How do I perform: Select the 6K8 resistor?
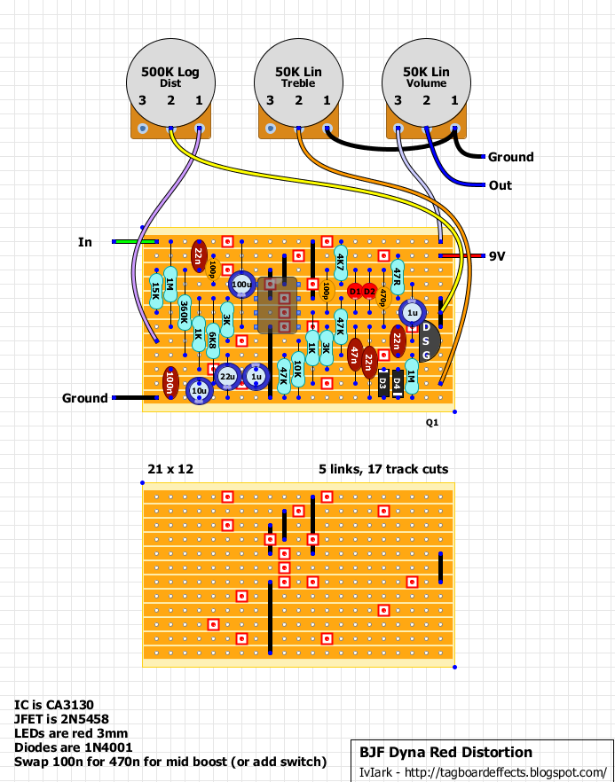pyautogui.click(x=213, y=334)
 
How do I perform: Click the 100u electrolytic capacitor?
pyautogui.click(x=240, y=285)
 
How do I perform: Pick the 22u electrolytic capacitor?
pyautogui.click(x=227, y=377)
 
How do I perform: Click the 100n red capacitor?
pyautogui.click(x=170, y=383)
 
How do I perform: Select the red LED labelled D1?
pyautogui.click(x=355, y=290)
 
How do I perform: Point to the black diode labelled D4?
pyautogui.click(x=398, y=383)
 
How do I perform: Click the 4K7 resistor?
pyautogui.click(x=341, y=262)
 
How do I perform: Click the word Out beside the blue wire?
pyautogui.click(x=500, y=185)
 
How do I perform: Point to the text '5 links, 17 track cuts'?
pyautogui.click(x=383, y=469)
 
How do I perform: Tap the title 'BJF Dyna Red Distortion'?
pyautogui.click(x=445, y=752)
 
